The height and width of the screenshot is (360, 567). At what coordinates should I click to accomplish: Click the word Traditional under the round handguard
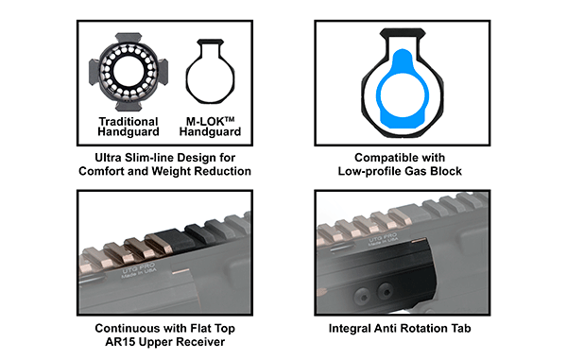click(x=129, y=122)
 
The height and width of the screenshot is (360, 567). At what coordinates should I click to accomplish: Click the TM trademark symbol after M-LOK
click(x=230, y=119)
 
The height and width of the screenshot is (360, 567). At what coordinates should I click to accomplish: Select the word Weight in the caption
click(x=171, y=171)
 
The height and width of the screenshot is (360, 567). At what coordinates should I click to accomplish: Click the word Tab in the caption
click(x=461, y=328)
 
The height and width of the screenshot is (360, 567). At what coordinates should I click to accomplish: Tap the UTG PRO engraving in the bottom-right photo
click(x=382, y=239)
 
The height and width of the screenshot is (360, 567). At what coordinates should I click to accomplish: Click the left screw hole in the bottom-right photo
click(x=363, y=295)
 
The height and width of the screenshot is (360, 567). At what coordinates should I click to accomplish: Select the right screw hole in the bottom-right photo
click(x=386, y=291)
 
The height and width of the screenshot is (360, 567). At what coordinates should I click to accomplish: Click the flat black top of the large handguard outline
click(x=403, y=32)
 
